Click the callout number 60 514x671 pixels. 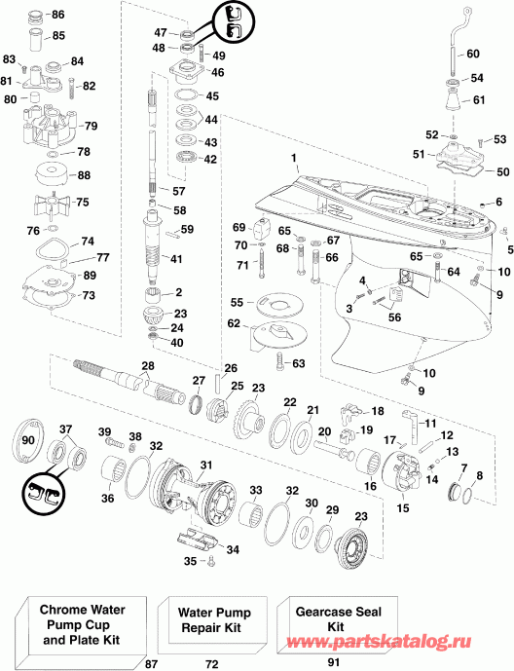click(x=473, y=54)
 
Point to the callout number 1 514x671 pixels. click(x=294, y=158)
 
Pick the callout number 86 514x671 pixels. click(x=57, y=15)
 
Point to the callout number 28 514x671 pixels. click(x=147, y=366)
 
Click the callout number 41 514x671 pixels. click(x=176, y=258)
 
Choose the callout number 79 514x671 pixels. click(x=92, y=127)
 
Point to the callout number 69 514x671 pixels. click(x=239, y=227)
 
